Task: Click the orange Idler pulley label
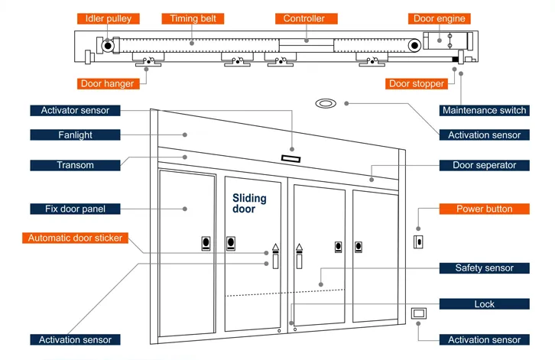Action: (x=107, y=18)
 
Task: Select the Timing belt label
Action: (x=193, y=18)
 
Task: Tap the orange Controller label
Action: (x=304, y=18)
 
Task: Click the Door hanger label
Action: (x=107, y=83)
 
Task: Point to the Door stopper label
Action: (x=417, y=84)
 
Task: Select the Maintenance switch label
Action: (x=484, y=110)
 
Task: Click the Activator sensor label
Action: (x=75, y=110)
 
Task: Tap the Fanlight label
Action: (x=75, y=135)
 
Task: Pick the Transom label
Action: (x=75, y=165)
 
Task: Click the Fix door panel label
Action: (x=75, y=209)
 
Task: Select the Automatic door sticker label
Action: (x=75, y=238)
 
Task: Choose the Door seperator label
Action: (x=484, y=165)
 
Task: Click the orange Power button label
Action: (x=484, y=209)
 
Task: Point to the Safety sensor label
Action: (x=484, y=268)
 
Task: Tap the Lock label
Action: (x=484, y=304)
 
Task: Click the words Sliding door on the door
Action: (x=249, y=203)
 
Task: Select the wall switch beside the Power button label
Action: (x=417, y=242)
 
